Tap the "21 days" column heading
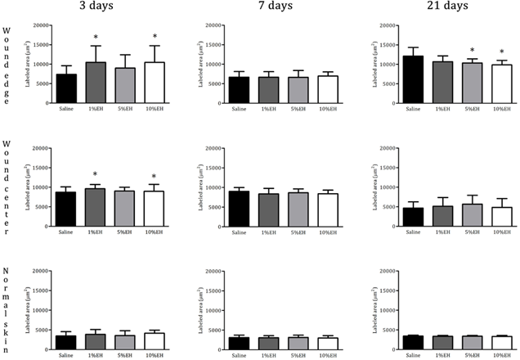[446, 7]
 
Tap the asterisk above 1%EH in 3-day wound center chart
[96, 174]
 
